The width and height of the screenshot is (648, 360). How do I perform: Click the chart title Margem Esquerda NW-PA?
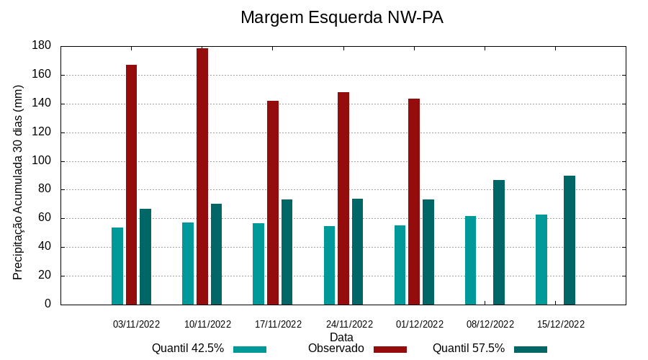tap(341, 17)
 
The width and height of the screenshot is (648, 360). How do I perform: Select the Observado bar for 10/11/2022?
tap(202, 176)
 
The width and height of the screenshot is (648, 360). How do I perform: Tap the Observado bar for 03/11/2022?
tap(131, 184)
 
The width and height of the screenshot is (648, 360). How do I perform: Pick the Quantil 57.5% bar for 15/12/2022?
tap(570, 240)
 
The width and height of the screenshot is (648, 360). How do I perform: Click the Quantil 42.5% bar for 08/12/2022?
tap(470, 260)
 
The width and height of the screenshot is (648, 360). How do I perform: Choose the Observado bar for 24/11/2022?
tap(343, 198)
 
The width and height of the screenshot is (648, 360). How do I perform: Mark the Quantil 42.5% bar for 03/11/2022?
tap(117, 266)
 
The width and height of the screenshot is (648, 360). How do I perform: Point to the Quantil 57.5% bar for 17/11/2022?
tap(287, 252)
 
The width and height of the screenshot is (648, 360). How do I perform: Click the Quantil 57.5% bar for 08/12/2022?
tap(499, 242)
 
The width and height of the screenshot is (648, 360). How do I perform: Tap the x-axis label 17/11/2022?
tap(278, 324)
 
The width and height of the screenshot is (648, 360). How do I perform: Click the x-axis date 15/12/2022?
tap(561, 324)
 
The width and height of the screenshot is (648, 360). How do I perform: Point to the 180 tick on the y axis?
tap(42, 45)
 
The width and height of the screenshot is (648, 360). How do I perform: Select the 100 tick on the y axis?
tap(42, 161)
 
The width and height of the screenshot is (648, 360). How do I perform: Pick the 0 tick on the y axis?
tap(48, 304)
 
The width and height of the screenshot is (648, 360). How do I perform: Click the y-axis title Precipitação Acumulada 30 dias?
tap(19, 182)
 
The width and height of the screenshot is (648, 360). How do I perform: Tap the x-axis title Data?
tap(341, 337)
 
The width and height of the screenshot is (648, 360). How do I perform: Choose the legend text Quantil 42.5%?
tap(188, 348)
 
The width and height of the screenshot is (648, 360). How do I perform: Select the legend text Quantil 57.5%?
tap(469, 348)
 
